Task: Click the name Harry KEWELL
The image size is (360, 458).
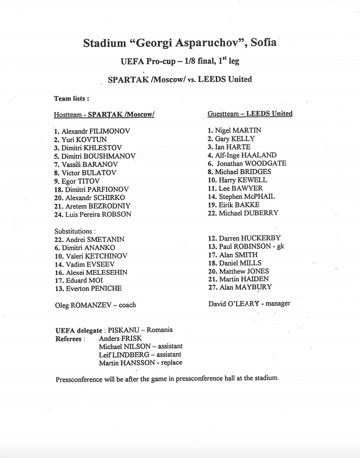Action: [243, 180]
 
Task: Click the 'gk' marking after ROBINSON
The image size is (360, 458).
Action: [280, 246]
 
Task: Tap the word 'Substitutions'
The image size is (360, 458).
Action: [73, 231]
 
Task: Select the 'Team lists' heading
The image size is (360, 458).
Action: [71, 99]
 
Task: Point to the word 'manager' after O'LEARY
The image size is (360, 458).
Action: [278, 304]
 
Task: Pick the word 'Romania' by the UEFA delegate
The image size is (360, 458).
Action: [159, 330]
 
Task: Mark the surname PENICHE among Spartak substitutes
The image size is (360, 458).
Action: [106, 289]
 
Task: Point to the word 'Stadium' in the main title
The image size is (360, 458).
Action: [105, 43]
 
